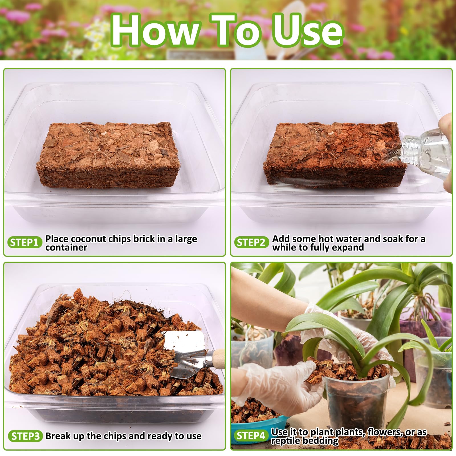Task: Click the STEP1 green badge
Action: point(25,242)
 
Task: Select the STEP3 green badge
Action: point(25,436)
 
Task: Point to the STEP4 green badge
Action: point(251,435)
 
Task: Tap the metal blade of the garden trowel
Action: point(188,353)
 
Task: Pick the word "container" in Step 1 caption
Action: point(66,247)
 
